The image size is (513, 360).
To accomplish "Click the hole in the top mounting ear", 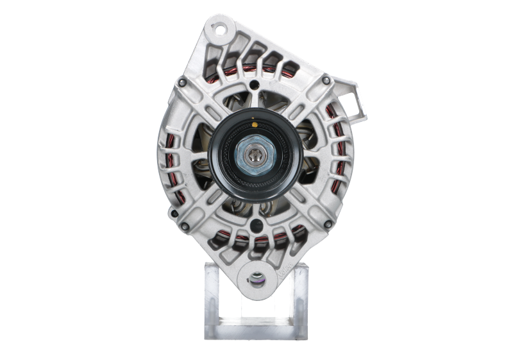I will pos(220,30).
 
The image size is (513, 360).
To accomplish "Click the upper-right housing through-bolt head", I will pos(326,80).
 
